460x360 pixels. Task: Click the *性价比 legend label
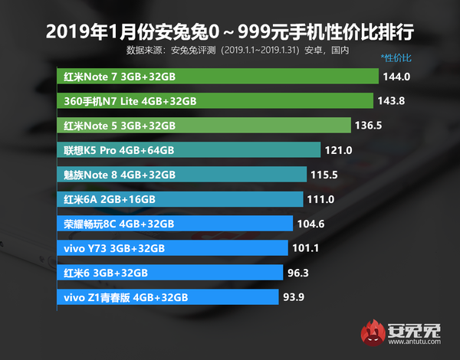click(396, 58)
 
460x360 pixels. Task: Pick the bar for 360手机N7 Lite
click(215, 101)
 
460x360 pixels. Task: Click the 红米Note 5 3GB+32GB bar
click(204, 125)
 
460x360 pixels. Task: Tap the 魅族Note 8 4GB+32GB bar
click(182, 174)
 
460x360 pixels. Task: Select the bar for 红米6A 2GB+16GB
click(180, 198)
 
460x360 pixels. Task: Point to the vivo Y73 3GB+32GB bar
click(172, 248)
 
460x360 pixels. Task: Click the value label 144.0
click(399, 77)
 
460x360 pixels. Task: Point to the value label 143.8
click(392, 101)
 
